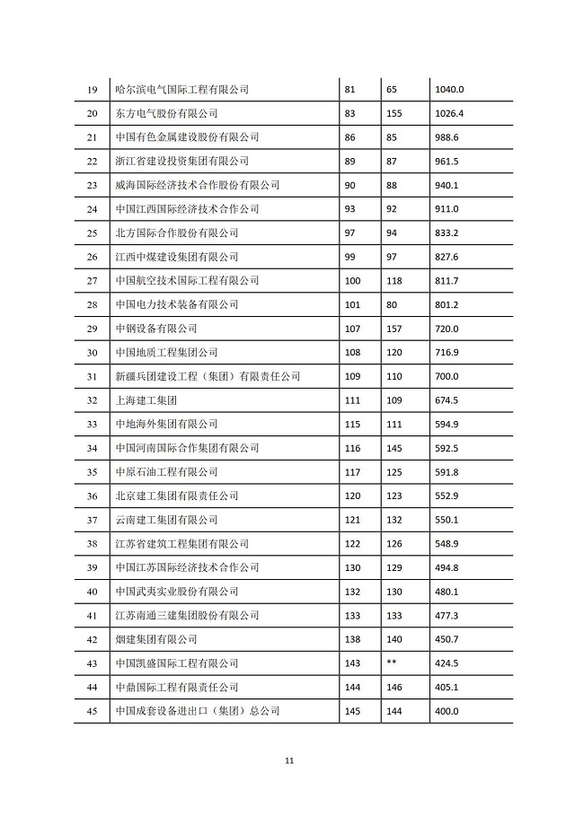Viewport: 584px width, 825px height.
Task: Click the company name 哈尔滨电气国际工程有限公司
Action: [x=182, y=90]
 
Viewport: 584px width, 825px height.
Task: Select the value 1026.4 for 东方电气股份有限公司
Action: [x=448, y=114]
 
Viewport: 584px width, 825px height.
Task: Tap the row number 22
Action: [x=91, y=162]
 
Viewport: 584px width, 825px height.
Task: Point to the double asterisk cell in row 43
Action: [x=391, y=663]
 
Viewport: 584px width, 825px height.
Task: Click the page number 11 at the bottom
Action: [x=289, y=761]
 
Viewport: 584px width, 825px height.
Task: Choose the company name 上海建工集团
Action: [x=146, y=400]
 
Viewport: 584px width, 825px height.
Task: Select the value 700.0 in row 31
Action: [x=446, y=376]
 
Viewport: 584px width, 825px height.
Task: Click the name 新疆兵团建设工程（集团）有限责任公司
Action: [x=208, y=376]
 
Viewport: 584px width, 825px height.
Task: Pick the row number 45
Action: [x=91, y=711]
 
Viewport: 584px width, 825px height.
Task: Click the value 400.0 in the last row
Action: [x=446, y=711]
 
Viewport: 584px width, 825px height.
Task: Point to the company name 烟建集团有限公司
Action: [x=156, y=639]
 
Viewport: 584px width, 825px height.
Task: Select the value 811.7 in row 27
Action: [x=446, y=281]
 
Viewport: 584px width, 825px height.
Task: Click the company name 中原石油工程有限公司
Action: [x=167, y=472]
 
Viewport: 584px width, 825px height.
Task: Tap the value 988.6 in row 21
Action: [x=446, y=137]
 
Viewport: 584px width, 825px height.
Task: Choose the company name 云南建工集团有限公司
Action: [x=167, y=520]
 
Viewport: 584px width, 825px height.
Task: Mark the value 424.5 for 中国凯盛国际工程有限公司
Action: [x=446, y=663]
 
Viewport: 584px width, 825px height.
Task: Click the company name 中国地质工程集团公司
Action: [x=167, y=353]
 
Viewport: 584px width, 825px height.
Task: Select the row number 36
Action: [x=91, y=496]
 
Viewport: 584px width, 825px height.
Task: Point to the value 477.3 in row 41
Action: [x=446, y=615]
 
